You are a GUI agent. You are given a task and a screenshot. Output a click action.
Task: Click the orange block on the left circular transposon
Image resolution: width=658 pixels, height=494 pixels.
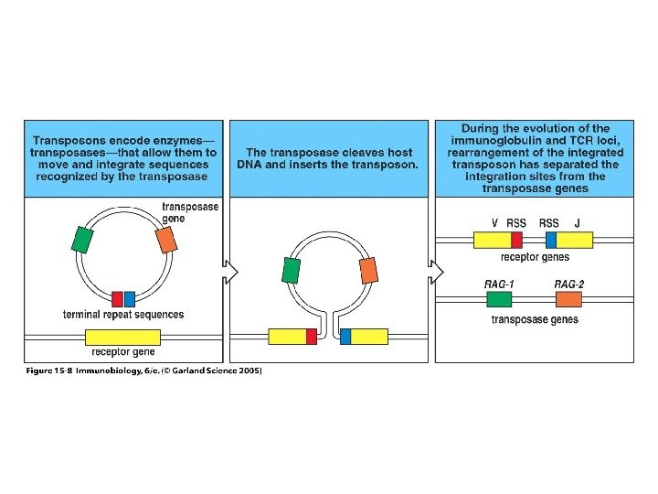(165, 239)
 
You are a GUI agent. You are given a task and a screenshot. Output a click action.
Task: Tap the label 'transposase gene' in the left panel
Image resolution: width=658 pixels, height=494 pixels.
(190, 213)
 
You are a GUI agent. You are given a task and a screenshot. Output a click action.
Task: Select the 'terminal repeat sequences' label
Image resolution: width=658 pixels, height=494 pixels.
(123, 315)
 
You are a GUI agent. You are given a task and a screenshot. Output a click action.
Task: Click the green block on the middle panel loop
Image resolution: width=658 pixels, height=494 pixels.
(292, 270)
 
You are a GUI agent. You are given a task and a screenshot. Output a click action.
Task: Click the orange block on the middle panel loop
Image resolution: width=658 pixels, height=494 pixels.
(367, 270)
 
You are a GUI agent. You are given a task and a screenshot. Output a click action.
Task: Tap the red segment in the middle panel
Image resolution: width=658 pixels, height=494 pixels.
(311, 336)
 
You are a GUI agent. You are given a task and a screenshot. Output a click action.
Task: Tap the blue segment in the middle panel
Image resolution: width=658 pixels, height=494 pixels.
(345, 336)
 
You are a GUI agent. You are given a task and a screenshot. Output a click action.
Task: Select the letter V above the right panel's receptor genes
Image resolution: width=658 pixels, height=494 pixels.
(494, 223)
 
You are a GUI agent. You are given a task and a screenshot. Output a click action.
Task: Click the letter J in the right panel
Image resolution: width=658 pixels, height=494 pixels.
(578, 223)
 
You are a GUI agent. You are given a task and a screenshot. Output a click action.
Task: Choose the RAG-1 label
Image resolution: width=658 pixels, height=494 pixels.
(499, 284)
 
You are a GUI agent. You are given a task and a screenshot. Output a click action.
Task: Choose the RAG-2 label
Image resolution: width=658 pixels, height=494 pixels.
(568, 284)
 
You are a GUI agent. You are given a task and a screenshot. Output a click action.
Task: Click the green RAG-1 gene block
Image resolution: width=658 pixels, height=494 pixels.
(498, 299)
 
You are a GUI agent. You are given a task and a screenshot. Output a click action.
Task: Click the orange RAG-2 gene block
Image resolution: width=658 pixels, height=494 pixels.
(568, 299)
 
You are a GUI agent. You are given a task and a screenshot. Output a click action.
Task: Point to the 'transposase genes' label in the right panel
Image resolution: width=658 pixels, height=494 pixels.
(535, 319)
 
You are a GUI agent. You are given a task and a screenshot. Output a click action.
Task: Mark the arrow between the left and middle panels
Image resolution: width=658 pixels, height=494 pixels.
(230, 272)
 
